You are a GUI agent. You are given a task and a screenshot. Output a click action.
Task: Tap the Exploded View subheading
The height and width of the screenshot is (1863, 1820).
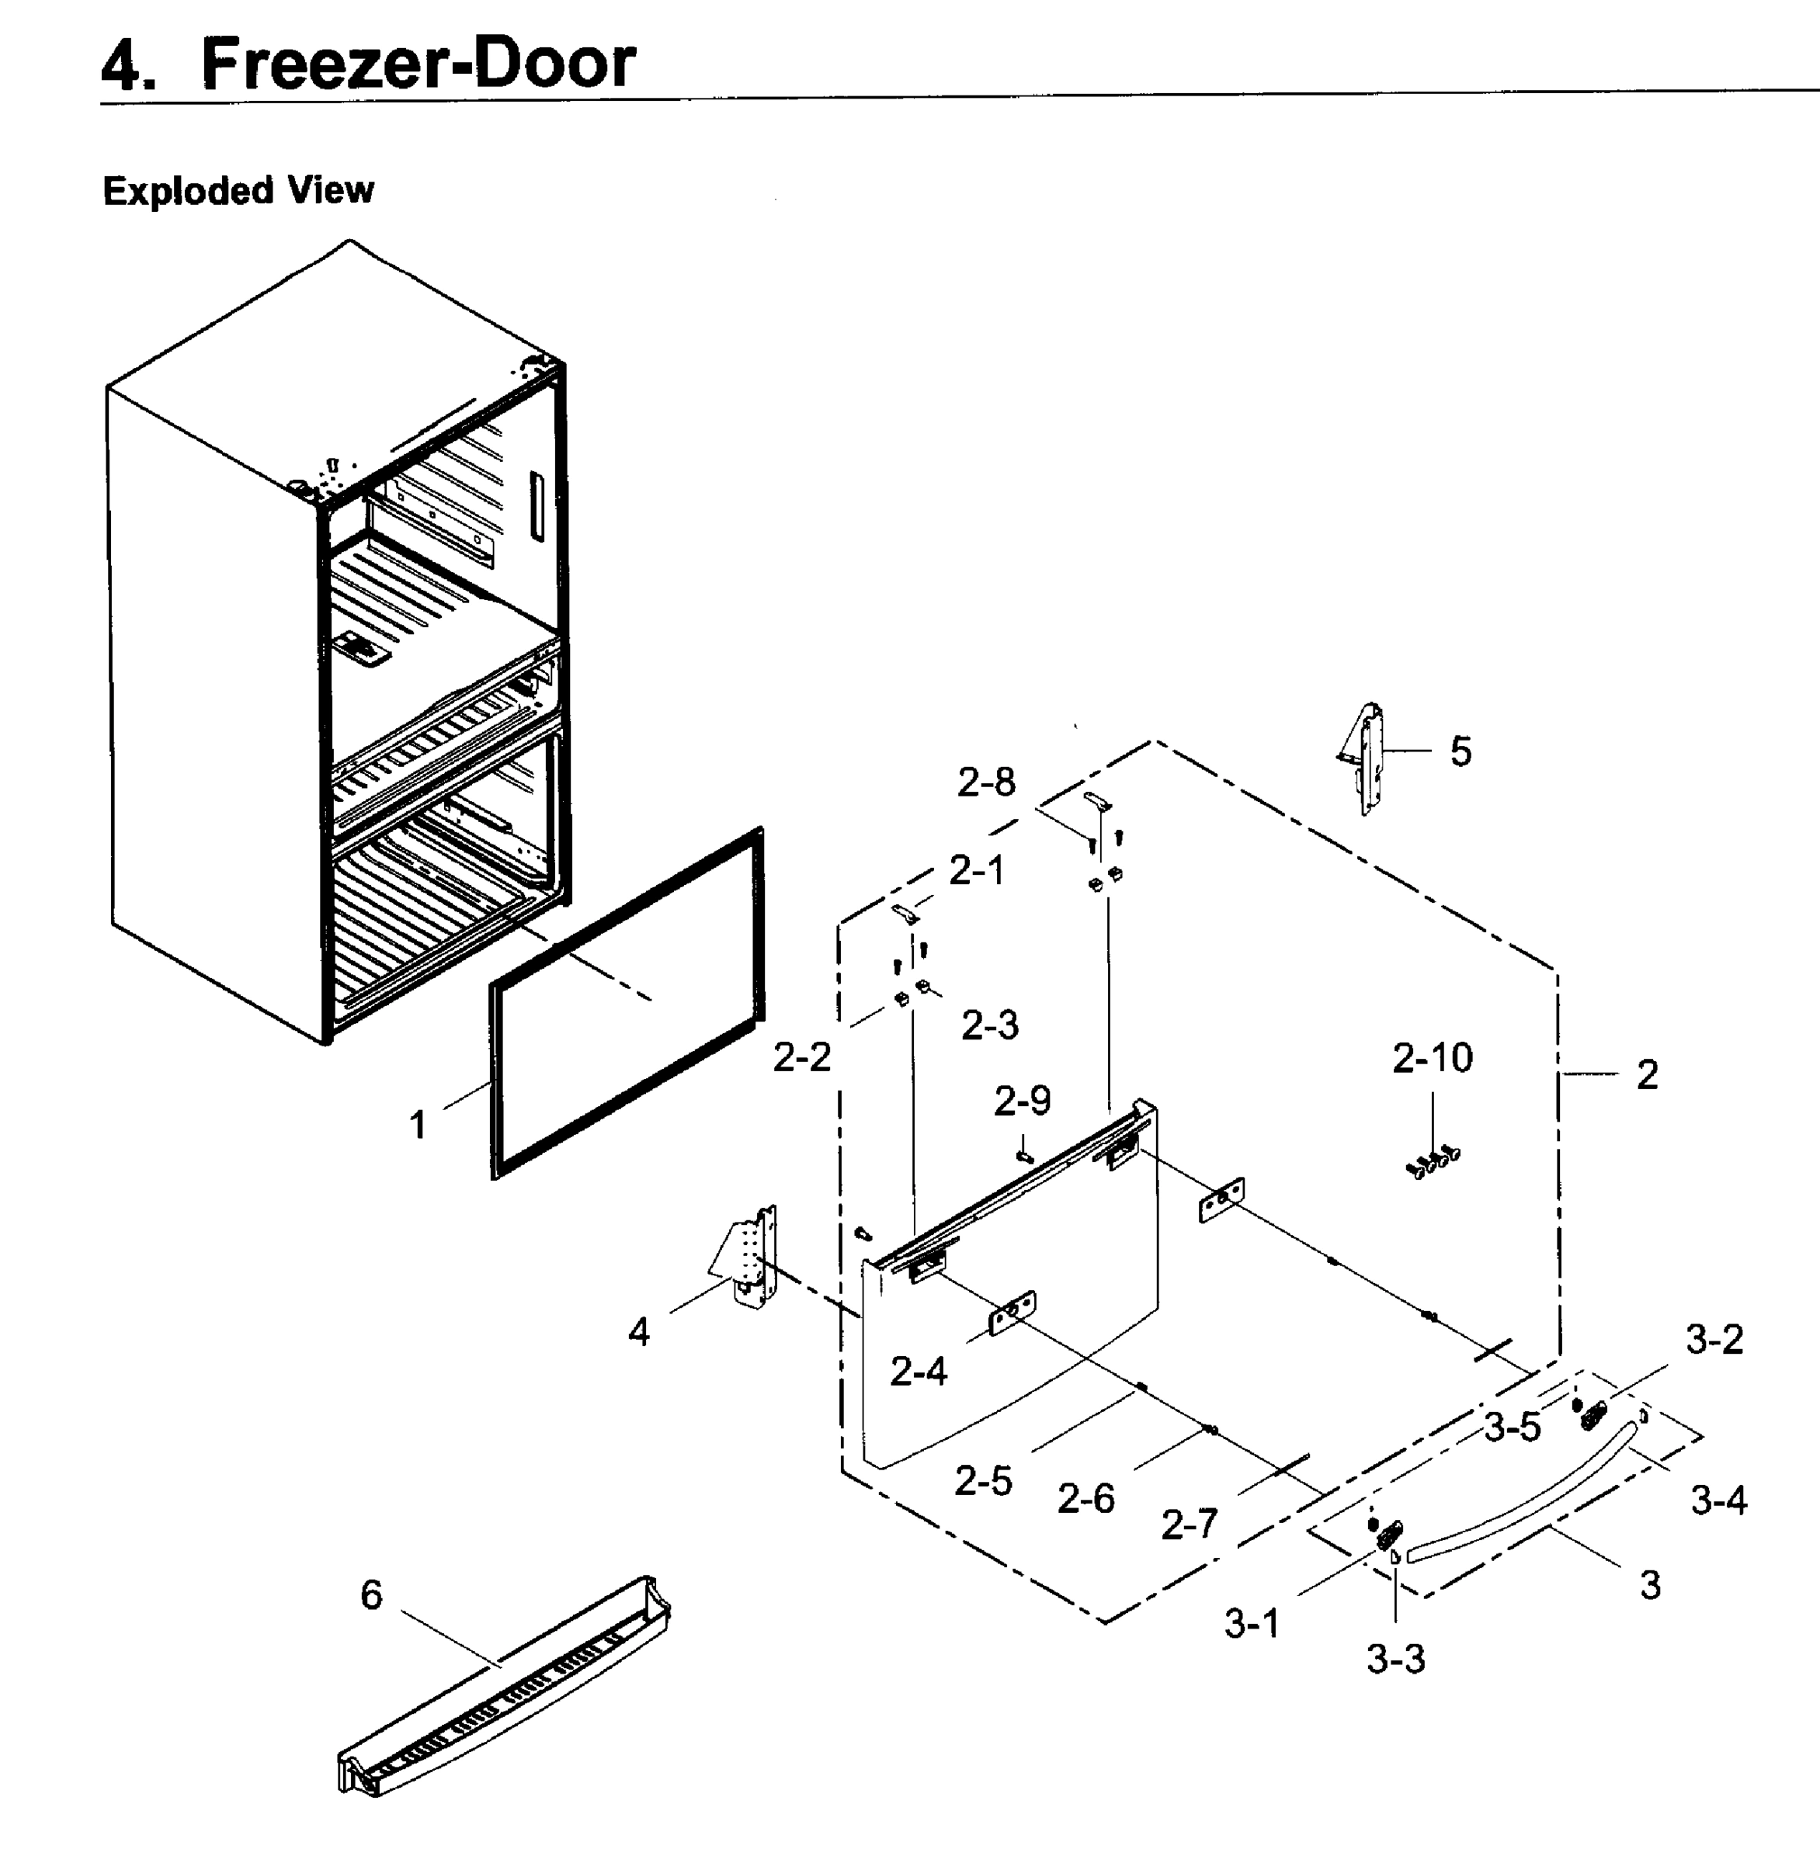[238, 190]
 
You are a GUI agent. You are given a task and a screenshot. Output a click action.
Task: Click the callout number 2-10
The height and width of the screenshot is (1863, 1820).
[1432, 1058]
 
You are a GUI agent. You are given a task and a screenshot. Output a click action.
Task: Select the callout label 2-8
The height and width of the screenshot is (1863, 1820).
[986, 783]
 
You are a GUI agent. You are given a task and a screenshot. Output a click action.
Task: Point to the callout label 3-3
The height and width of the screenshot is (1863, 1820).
[1395, 1660]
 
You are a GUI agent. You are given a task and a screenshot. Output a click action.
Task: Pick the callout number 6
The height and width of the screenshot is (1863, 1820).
[371, 1594]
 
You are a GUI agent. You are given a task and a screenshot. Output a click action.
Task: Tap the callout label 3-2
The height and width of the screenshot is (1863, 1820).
[1714, 1339]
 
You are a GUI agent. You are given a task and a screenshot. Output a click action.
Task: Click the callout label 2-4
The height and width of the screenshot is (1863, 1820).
[918, 1372]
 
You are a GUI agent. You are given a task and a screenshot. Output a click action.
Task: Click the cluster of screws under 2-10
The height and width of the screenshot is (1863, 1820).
[1432, 1162]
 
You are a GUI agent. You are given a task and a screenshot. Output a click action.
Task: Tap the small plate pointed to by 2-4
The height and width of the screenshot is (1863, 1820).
[1012, 1313]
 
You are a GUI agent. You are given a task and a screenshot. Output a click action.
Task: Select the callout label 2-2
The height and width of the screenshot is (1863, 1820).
[801, 1057]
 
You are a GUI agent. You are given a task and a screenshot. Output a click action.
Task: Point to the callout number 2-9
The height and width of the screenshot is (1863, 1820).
[1022, 1101]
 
